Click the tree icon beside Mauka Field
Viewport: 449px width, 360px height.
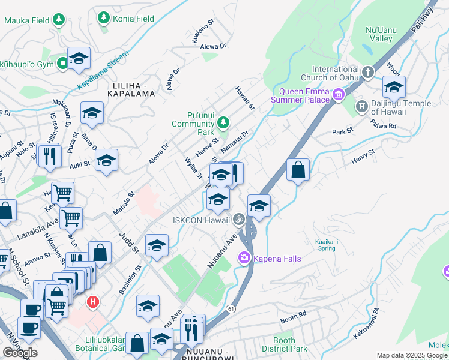tap(58, 20)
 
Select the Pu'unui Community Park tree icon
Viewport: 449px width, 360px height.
tap(223, 123)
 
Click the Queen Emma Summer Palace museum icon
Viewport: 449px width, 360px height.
tap(339, 94)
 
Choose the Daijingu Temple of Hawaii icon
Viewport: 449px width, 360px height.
tap(361, 107)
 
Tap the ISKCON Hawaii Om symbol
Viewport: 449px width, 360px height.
tap(239, 220)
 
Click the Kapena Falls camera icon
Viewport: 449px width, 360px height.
tap(244, 259)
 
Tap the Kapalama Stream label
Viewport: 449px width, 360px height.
tap(103, 71)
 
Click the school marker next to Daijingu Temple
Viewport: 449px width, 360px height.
tap(394, 88)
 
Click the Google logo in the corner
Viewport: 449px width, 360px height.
tap(20, 353)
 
